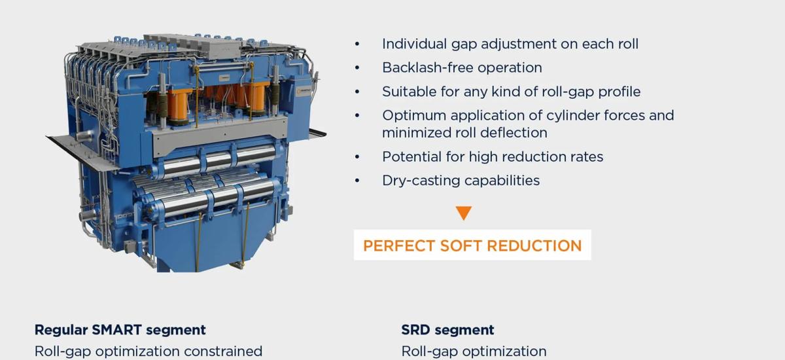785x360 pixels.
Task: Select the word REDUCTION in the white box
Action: (x=534, y=245)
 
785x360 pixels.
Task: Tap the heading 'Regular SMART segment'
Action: (x=120, y=330)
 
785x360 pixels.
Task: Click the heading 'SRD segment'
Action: (x=447, y=330)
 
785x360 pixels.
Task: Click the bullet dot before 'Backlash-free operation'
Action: (x=357, y=67)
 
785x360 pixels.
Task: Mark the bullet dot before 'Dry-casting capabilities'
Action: (x=357, y=181)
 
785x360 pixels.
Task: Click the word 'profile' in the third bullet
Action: (x=619, y=92)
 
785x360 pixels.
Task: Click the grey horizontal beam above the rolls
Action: (x=220, y=137)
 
